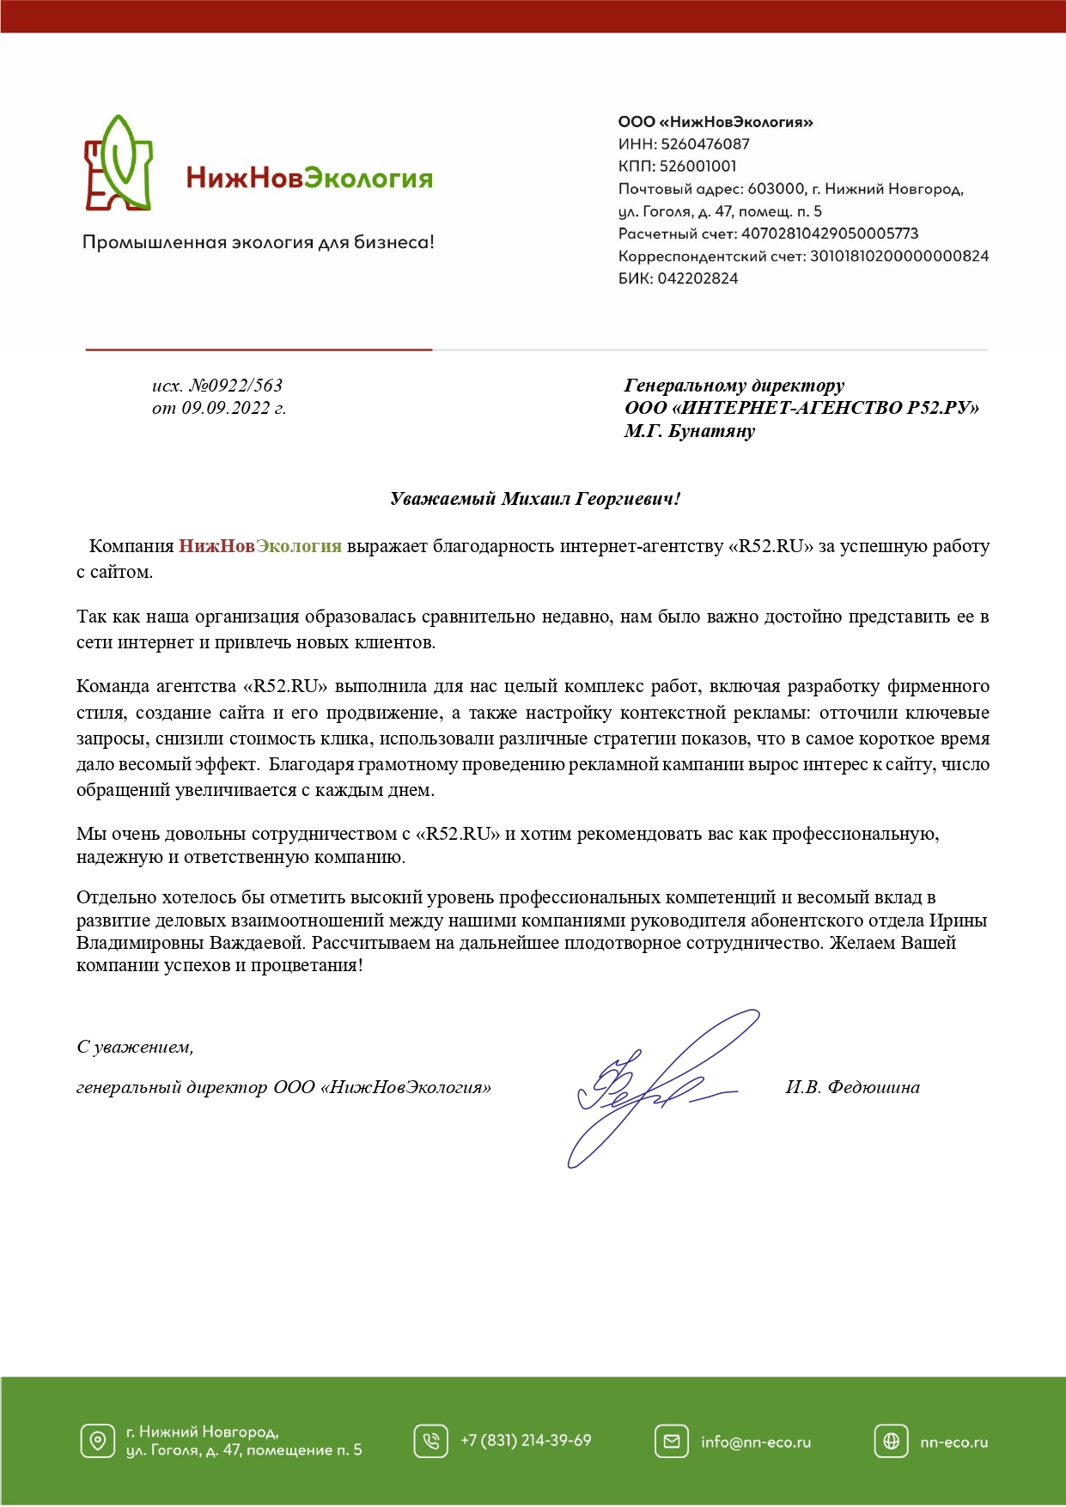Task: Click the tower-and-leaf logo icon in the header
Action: point(119,164)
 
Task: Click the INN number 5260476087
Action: point(704,144)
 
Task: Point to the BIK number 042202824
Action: point(697,278)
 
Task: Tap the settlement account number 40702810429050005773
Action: point(830,234)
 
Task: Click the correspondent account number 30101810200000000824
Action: point(899,256)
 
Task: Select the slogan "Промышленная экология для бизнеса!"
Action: point(259,243)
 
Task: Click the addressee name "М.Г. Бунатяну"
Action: point(689,431)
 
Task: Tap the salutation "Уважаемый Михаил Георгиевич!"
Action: point(535,499)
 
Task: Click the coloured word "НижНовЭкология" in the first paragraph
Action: point(259,546)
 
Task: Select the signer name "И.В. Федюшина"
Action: point(852,1087)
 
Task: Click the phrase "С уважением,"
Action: point(135,1047)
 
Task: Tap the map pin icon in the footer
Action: point(97,1441)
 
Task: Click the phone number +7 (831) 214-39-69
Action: point(526,1441)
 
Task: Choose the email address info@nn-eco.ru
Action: point(756,1443)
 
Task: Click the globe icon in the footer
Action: point(891,1441)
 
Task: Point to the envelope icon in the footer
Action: point(671,1441)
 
